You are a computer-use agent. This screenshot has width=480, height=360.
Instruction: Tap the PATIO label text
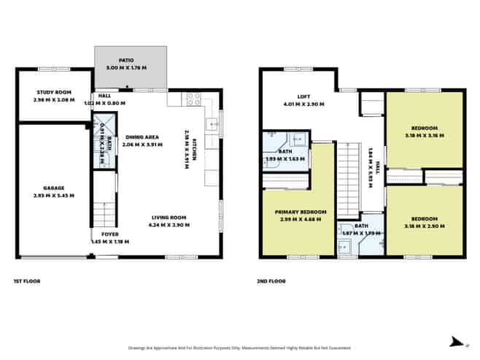(127, 60)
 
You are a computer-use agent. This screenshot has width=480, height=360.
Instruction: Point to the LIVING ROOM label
(170, 218)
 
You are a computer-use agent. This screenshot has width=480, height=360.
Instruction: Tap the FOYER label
(109, 234)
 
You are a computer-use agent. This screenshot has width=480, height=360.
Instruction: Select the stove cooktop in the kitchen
(194, 99)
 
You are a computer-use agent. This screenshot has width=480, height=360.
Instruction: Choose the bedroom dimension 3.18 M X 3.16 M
(425, 136)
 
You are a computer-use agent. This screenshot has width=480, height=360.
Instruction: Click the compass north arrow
(456, 340)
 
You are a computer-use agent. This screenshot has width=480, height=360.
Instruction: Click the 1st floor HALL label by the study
(104, 96)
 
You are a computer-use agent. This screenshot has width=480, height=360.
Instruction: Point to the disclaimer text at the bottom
(239, 348)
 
